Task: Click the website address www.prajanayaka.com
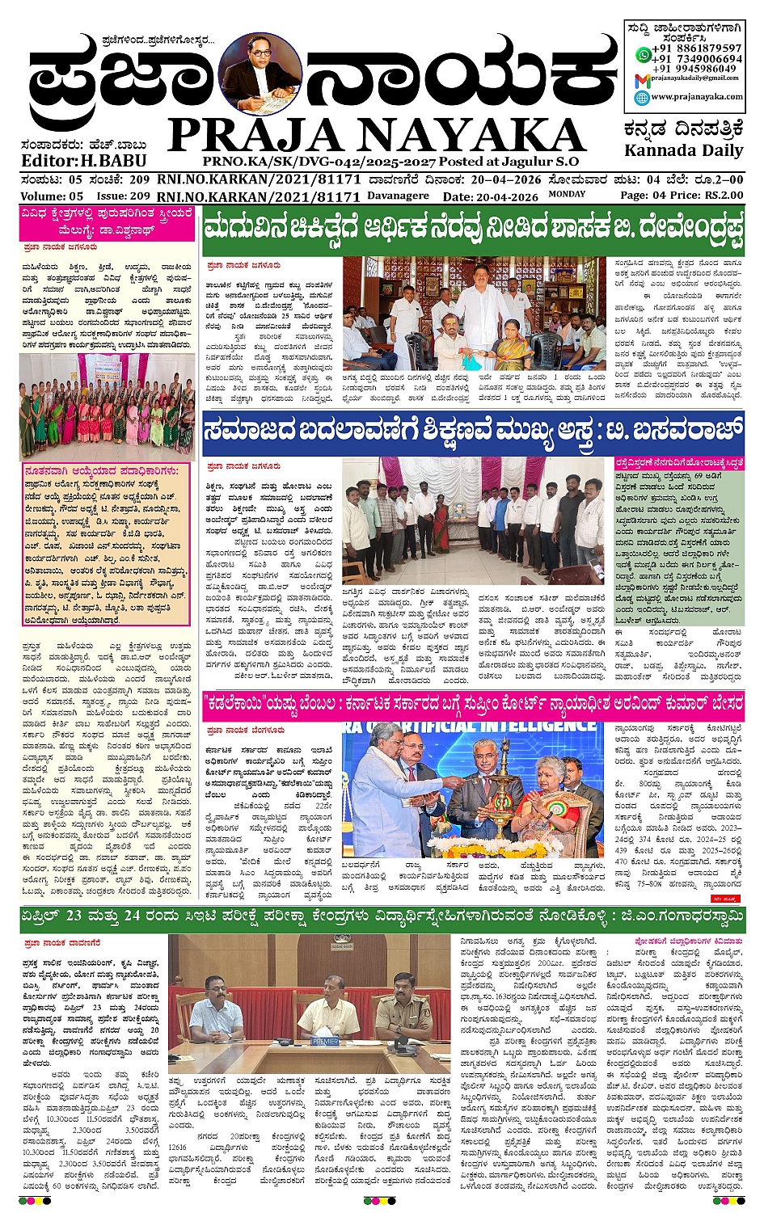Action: tap(696, 96)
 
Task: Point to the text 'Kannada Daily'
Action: tap(683, 150)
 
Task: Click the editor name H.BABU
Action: tap(113, 160)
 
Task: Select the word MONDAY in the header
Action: tap(567, 194)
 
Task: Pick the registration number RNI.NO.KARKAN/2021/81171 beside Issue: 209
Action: tap(259, 196)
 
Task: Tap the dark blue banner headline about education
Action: tap(472, 432)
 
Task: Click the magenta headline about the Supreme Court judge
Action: tap(472, 704)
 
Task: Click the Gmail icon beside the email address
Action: tap(641, 79)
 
